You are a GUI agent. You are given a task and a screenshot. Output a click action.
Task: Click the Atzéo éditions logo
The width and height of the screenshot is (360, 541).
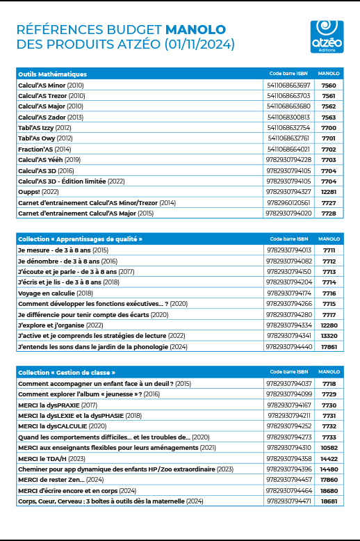(327, 36)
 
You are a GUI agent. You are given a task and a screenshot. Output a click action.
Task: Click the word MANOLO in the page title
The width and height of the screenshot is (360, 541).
(195, 30)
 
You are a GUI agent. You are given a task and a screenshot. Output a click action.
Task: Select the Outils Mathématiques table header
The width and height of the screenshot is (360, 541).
(52, 73)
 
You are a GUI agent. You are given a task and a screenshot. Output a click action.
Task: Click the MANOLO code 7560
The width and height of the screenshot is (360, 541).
(329, 85)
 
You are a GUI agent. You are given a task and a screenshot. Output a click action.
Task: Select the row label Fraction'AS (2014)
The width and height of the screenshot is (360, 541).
(44, 149)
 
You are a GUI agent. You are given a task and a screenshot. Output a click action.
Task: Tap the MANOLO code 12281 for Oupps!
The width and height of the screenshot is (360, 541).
(329, 191)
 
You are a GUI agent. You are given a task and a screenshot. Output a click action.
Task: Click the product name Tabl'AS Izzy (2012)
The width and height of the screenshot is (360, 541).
(44, 127)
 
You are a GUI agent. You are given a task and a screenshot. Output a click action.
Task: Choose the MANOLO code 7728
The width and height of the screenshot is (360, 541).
(329, 213)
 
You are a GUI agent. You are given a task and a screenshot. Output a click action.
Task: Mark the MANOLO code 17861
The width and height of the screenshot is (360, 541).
(329, 346)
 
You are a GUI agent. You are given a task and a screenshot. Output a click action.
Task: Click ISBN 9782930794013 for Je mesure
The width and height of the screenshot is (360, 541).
(288, 250)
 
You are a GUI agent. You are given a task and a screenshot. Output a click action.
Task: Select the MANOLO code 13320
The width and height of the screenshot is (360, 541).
(329, 335)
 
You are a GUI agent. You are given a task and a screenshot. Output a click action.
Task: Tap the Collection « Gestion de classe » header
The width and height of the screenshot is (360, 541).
(67, 372)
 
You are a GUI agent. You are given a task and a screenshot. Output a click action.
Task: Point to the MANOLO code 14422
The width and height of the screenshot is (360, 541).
(329, 458)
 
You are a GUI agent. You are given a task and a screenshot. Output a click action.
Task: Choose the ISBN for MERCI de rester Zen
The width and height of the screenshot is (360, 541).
(288, 480)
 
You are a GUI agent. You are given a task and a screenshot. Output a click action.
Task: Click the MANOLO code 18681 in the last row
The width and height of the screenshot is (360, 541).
(329, 501)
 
